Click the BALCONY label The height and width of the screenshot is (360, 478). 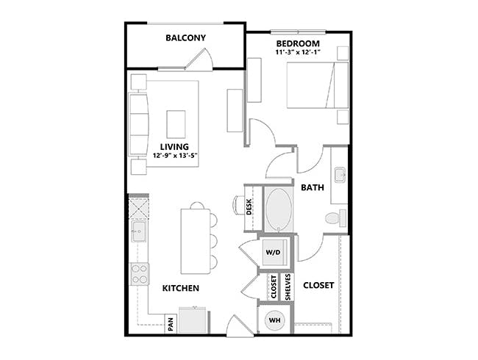coord(185,38)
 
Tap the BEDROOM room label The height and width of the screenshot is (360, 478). coord(298,44)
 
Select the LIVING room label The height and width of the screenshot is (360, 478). coord(175,147)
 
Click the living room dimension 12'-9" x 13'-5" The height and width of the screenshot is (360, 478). coord(175,156)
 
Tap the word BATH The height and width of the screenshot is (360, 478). coord(313,188)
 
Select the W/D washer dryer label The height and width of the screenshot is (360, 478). coord(272,253)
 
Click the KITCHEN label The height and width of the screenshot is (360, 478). coord(181,289)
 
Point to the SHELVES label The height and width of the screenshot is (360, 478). coord(288,287)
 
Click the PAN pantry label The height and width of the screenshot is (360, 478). coord(170,323)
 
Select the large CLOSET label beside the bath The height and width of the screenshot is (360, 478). coord(318,285)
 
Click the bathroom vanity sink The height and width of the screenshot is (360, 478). coord(340,176)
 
